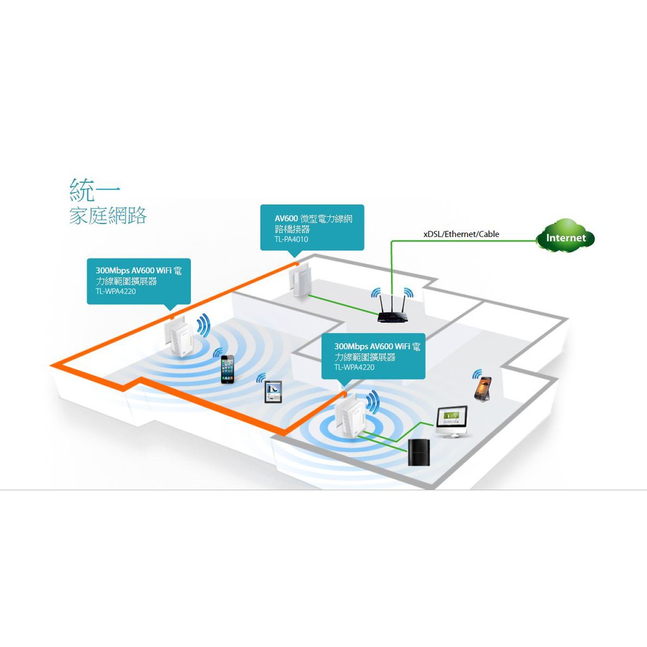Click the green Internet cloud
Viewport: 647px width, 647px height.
[x=565, y=237]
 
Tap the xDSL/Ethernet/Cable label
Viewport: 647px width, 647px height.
[x=461, y=234]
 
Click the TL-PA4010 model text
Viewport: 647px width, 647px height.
[x=292, y=239]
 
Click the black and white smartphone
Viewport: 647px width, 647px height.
[x=227, y=369]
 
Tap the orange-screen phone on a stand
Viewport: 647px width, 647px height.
[x=483, y=387]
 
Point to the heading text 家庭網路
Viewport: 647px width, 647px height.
[x=108, y=215]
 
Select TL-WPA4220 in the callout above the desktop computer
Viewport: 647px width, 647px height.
[x=354, y=367]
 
